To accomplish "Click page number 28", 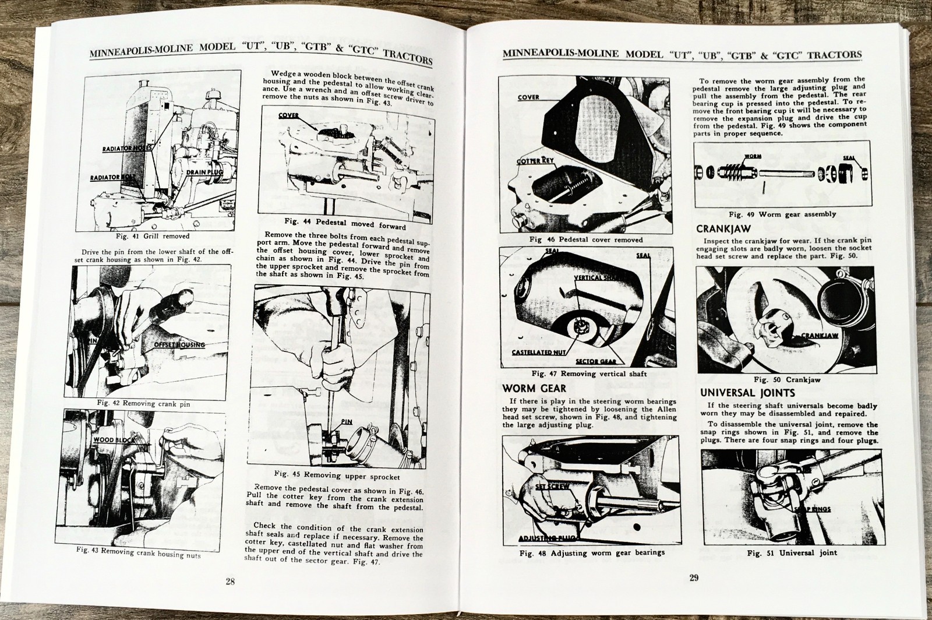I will tap(231, 581).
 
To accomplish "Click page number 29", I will tap(694, 578).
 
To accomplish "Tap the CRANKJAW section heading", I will tap(723, 230).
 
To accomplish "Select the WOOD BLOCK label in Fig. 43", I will tap(112, 440).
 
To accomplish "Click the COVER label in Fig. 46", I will tap(528, 97).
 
